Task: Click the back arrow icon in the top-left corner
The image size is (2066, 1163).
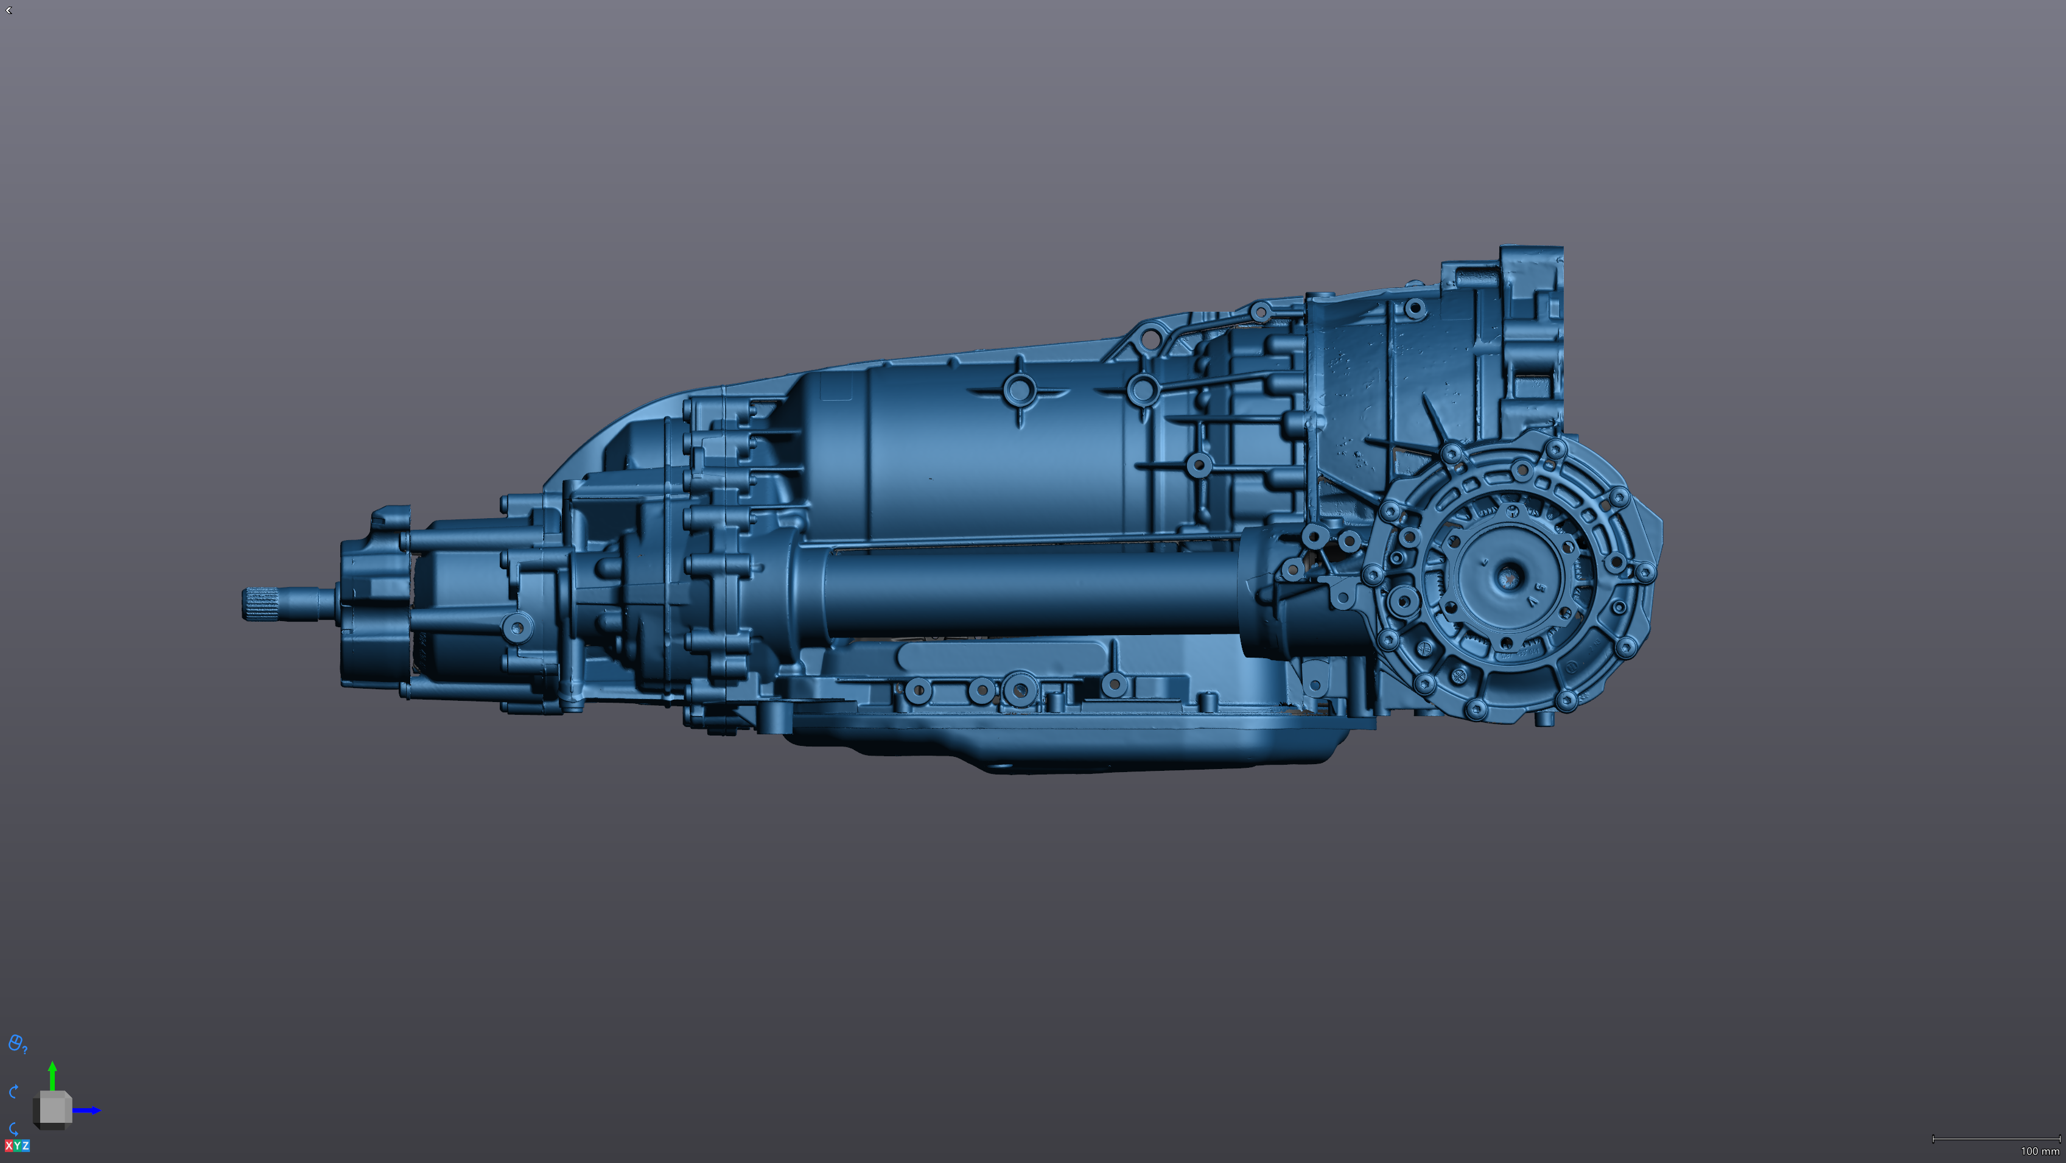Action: point(8,10)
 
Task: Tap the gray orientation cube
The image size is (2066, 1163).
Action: point(53,1109)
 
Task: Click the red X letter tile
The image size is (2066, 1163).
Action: point(9,1145)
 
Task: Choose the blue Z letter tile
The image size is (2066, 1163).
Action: point(25,1145)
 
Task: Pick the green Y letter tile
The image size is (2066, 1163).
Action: point(17,1145)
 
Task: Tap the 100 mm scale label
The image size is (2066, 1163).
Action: point(2039,1151)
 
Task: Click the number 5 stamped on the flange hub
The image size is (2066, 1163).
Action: point(1540,588)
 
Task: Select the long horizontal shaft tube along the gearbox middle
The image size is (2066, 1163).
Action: point(1026,594)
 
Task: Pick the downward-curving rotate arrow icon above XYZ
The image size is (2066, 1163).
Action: point(13,1128)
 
